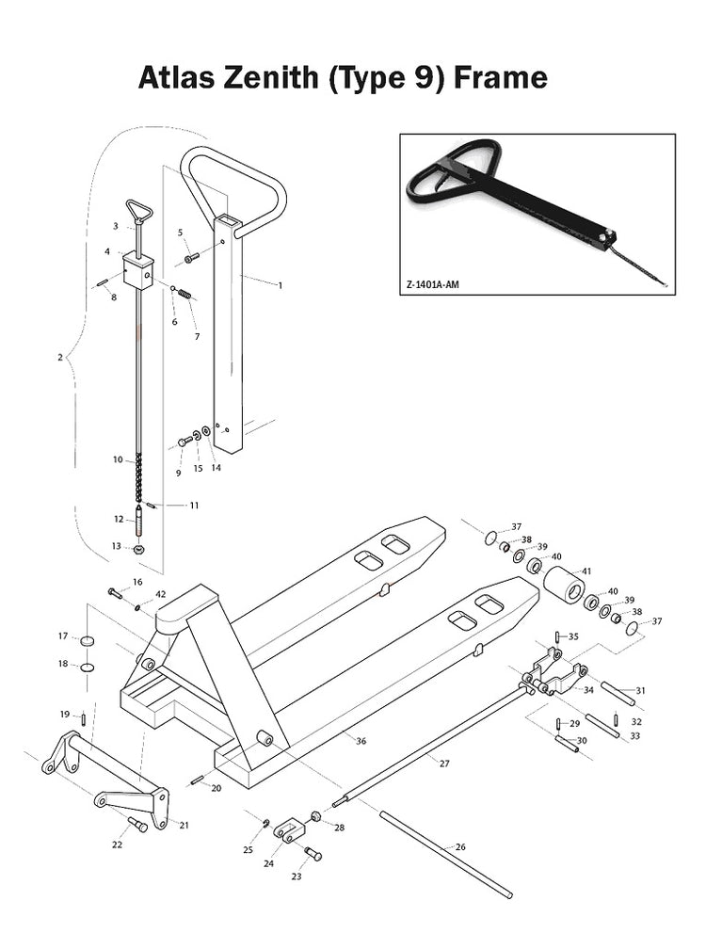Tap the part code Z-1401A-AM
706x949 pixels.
[433, 284]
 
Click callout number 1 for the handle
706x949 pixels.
[281, 285]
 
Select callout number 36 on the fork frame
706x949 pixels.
[361, 741]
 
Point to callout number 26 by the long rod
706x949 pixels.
[460, 846]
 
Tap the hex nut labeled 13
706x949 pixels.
[138, 549]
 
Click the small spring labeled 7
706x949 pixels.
[185, 294]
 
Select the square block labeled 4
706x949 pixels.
[138, 271]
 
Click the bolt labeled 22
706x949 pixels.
[138, 824]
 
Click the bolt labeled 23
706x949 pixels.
[313, 853]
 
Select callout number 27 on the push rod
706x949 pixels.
[444, 764]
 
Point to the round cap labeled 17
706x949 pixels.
[88, 640]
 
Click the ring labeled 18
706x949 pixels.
[88, 667]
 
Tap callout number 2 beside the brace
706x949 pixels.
[60, 357]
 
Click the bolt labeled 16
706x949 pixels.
[115, 592]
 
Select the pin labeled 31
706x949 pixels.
[618, 694]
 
